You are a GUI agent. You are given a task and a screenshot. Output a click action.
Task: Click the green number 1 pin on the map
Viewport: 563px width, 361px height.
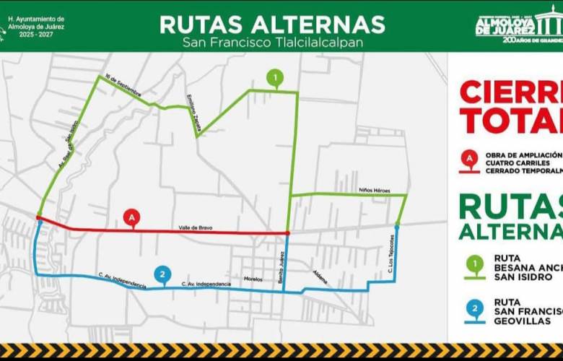274,77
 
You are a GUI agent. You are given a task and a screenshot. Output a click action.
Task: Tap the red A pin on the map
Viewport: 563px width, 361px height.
131,216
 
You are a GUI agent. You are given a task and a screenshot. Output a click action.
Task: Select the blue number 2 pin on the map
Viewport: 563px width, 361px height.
163,274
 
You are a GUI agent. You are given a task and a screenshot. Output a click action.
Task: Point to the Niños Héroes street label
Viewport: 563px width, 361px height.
374,191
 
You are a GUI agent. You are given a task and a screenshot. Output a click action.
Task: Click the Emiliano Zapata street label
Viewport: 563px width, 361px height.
193,108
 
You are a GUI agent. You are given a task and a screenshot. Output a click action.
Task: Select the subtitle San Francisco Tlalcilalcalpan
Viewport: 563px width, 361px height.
273,43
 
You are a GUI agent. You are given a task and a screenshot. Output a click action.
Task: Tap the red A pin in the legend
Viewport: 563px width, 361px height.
470,158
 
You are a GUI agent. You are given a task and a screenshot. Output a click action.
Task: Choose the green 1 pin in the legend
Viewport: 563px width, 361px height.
474,265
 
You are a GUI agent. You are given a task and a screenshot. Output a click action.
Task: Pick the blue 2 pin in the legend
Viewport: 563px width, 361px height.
474,308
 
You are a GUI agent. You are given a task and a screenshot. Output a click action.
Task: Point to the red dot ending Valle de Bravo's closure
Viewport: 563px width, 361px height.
287,233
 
